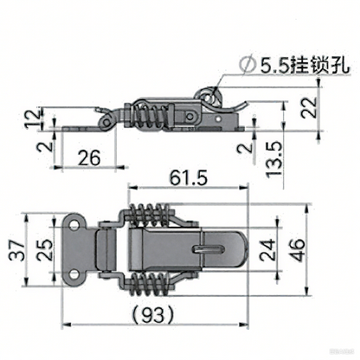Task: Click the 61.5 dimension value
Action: pyautogui.click(x=189, y=177)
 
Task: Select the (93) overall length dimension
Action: pyautogui.click(x=153, y=314)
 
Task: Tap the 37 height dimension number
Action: pyautogui.click(x=16, y=250)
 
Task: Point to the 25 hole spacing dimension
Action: pyautogui.click(x=45, y=250)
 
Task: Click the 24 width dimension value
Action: pyautogui.click(x=267, y=250)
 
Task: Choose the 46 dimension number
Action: pyautogui.click(x=297, y=250)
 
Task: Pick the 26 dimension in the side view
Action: pyautogui.click(x=89, y=157)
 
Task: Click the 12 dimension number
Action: pyautogui.click(x=32, y=119)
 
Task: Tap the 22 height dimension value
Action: pyautogui.click(x=309, y=107)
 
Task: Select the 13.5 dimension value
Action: pyautogui.click(x=273, y=159)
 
